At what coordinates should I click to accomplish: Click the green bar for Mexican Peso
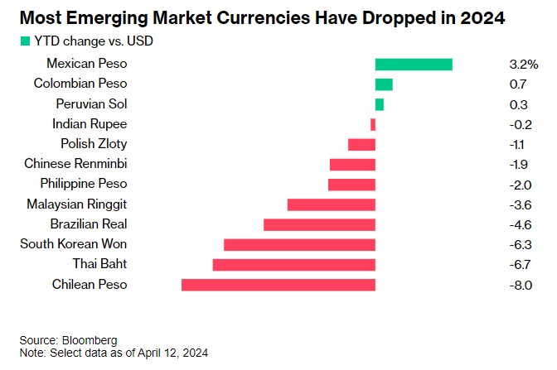414,65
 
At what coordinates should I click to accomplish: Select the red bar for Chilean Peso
278,285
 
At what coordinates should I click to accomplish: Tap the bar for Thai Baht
293,265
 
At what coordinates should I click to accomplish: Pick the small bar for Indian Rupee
373,124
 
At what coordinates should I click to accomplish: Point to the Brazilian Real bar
319,224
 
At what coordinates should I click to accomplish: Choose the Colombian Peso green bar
384,84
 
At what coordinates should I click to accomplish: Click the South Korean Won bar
299,244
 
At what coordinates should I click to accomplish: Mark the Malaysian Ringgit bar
331,204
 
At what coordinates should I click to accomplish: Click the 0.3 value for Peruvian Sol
519,104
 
